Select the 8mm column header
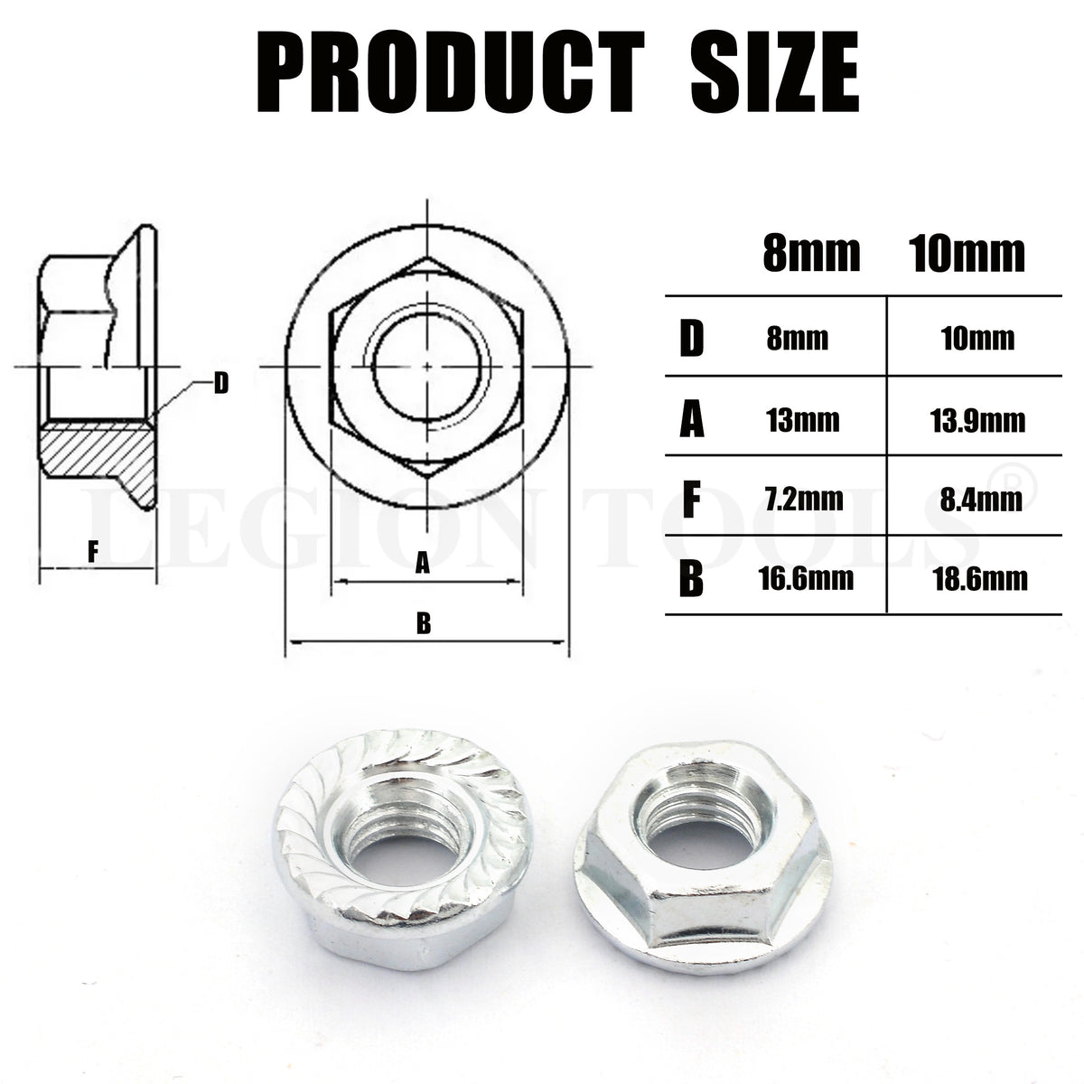point(811,255)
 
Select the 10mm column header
point(966,255)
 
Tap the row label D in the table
point(691,340)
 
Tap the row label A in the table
point(691,420)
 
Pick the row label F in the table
point(691,500)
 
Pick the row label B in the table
point(691,579)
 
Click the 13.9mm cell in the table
point(971,421)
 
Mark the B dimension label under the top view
point(423,622)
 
